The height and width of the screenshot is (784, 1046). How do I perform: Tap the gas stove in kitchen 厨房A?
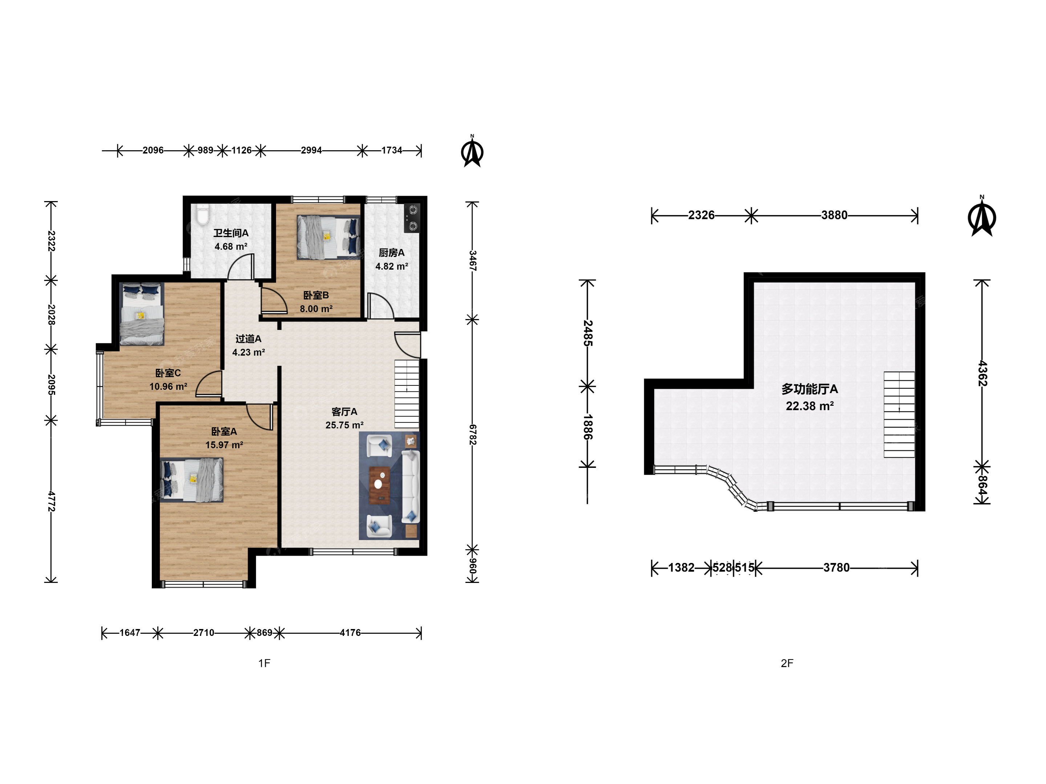coord(412,218)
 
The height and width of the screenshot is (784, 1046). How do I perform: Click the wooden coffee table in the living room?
coord(379,485)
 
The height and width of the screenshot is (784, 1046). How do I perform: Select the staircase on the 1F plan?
coord(407,394)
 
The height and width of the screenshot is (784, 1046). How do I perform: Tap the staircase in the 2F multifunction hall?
coord(899,415)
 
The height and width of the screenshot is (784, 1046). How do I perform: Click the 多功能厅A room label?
coord(809,389)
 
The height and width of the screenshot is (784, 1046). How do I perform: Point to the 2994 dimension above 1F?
coord(311,150)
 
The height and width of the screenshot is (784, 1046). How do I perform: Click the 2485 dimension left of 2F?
coord(587,333)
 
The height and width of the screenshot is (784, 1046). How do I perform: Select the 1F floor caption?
coord(264,663)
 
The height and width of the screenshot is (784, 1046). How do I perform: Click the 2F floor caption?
coord(787,663)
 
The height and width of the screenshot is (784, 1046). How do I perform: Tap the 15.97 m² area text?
coord(224,445)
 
